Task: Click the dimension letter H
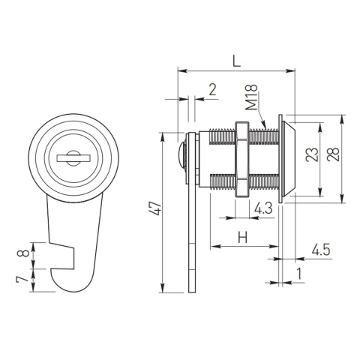242,238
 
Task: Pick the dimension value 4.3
263,208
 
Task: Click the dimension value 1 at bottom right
299,274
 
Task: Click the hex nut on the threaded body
241,158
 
